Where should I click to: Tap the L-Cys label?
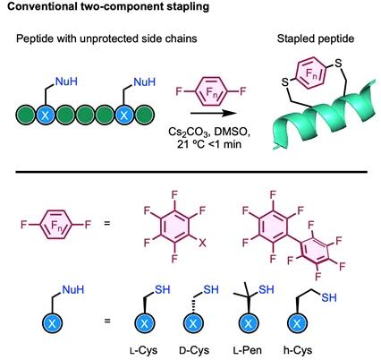tap(143, 350)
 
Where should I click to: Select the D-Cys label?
tap(194, 350)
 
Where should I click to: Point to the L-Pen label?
tap(248, 350)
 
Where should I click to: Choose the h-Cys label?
tap(298, 350)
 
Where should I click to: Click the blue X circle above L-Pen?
tap(248, 323)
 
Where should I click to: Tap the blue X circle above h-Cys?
tap(297, 323)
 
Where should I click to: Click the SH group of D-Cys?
tap(211, 289)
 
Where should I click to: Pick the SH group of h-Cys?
tap(329, 297)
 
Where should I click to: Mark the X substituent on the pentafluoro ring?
tap(202, 243)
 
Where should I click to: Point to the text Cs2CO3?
tap(189, 133)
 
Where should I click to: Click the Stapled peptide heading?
tap(316, 39)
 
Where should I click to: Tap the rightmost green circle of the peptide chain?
tap(145, 115)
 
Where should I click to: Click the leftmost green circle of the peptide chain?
tap(25, 115)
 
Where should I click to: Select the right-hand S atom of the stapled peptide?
tap(338, 63)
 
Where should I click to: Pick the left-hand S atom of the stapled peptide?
tap(285, 82)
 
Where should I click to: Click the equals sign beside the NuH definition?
tap(107, 321)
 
